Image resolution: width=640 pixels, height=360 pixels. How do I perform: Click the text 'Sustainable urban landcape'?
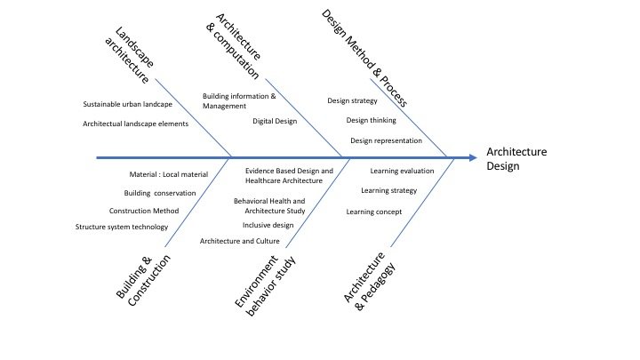point(128,104)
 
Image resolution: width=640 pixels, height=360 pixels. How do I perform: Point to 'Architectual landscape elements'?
point(135,124)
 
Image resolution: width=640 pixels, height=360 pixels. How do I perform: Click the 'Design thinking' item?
point(372,120)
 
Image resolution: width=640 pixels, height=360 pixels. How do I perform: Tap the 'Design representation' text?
point(386,140)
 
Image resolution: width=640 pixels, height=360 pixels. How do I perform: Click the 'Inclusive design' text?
point(268,225)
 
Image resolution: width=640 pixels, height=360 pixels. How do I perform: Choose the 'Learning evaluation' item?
point(403,170)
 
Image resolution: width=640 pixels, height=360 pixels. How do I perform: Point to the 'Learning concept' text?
point(374,212)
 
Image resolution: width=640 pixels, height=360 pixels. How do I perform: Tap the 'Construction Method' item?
point(144,211)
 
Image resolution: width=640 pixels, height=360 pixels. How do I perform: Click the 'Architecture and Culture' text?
point(240,241)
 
